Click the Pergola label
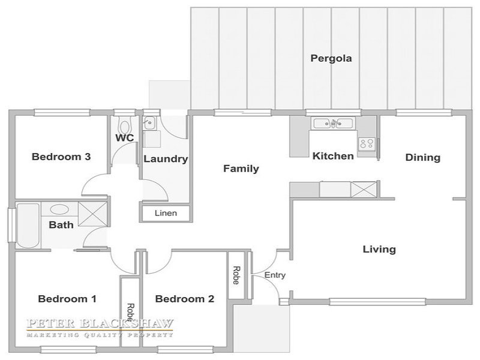[331, 58]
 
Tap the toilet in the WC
[124, 125]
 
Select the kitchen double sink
[333, 124]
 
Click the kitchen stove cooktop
[367, 143]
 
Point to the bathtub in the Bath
[28, 226]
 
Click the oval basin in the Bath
[59, 209]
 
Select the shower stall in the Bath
[92, 214]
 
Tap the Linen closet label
[166, 213]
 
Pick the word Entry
[275, 275]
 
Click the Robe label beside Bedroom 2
[236, 275]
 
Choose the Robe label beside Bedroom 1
[130, 312]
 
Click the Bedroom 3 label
[61, 157]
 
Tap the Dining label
[423, 158]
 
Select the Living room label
[379, 250]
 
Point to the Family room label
[241, 169]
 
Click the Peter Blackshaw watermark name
[100, 323]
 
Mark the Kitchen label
[333, 156]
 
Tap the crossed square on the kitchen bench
[364, 190]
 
